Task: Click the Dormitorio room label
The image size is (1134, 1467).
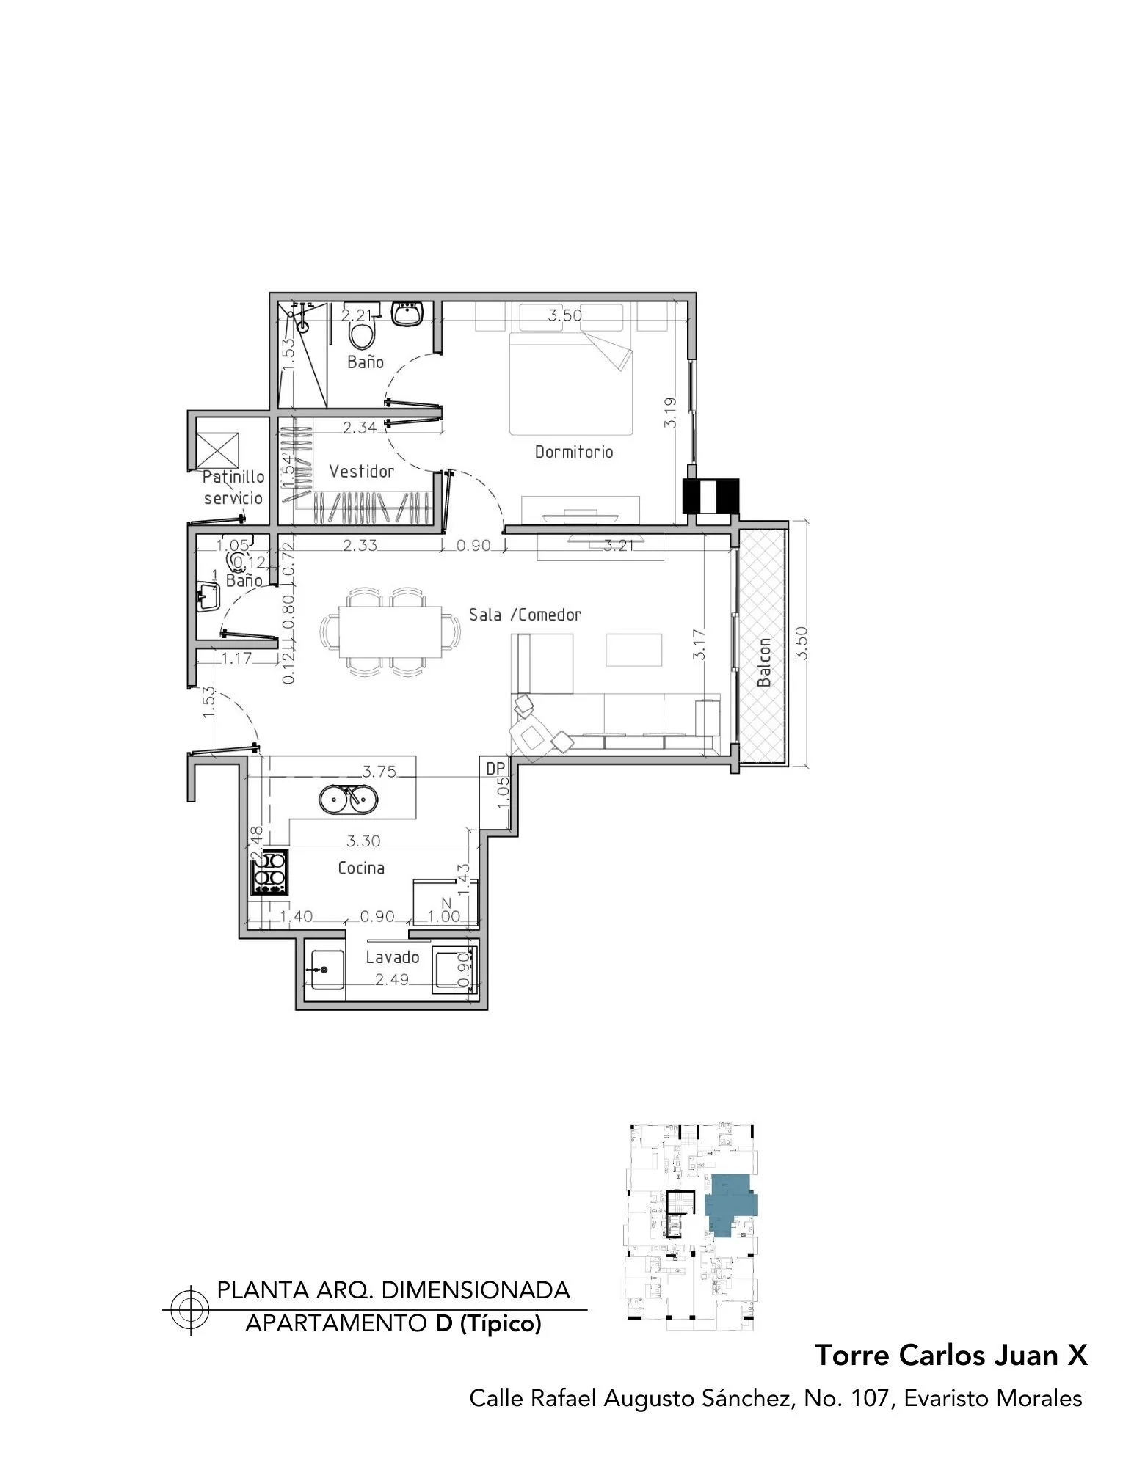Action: click(573, 452)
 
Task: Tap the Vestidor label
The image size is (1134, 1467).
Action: click(361, 471)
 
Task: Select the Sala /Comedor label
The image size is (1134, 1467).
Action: click(525, 615)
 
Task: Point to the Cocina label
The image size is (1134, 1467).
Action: click(361, 868)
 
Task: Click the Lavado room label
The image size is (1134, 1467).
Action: click(393, 957)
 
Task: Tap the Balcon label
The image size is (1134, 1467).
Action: click(764, 662)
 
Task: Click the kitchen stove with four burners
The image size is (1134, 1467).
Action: click(269, 871)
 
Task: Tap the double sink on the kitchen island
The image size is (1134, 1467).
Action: click(349, 798)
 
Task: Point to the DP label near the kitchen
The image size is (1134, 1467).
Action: click(496, 768)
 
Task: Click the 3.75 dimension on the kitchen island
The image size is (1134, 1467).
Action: click(379, 771)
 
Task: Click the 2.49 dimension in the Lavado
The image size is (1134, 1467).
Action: click(392, 979)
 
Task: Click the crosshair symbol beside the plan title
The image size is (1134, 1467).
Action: click(189, 1310)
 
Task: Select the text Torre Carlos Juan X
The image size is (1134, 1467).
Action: click(951, 1355)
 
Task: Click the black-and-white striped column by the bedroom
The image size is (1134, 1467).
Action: click(711, 496)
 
